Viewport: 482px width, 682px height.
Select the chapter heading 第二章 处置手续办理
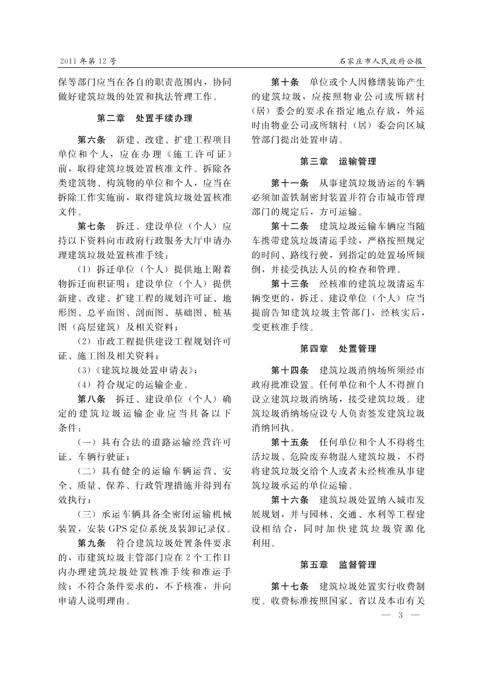(x=145, y=118)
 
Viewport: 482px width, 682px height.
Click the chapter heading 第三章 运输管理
(x=338, y=161)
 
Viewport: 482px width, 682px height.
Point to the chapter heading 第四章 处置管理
(x=338, y=348)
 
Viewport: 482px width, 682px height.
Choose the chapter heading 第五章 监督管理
(x=338, y=565)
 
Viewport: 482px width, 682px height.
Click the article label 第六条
(x=92, y=140)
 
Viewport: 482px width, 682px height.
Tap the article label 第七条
(x=92, y=226)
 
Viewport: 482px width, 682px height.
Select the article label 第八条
(x=92, y=399)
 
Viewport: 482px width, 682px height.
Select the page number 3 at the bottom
(x=400, y=614)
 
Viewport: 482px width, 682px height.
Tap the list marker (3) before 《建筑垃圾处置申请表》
(x=85, y=370)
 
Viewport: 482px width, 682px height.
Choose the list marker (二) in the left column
(x=86, y=471)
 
